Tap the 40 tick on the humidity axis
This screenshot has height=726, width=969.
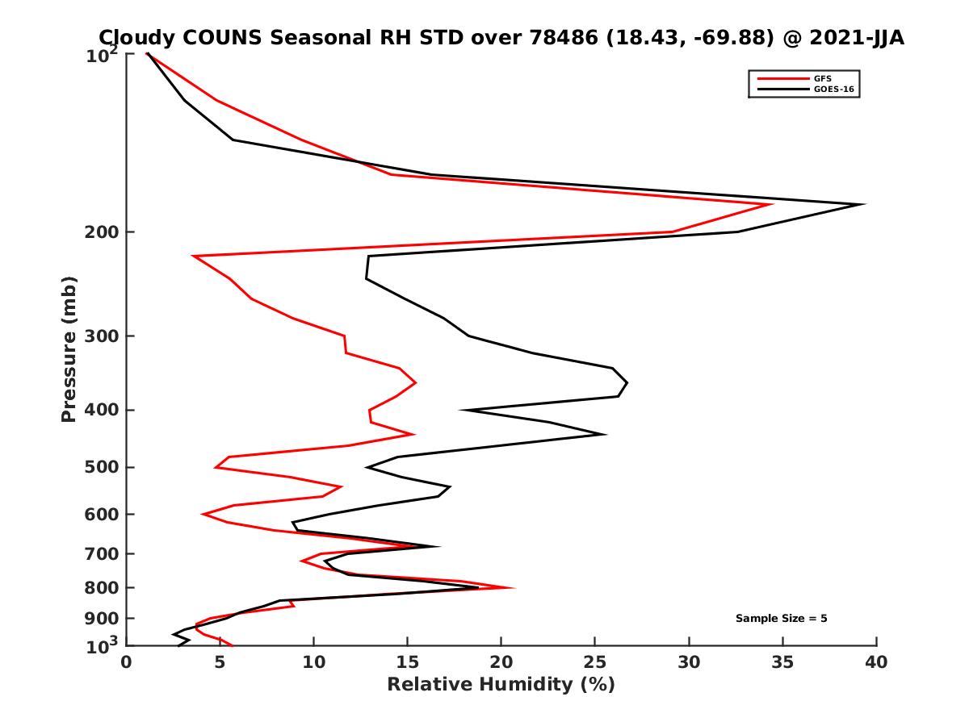[x=876, y=662]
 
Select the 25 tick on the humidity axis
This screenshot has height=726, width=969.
[x=595, y=662]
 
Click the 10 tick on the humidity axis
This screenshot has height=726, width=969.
[x=313, y=662]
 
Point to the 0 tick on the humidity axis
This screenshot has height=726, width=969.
[x=127, y=662]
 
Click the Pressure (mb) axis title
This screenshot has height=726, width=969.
[x=69, y=349]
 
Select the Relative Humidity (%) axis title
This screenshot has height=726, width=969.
[x=501, y=685]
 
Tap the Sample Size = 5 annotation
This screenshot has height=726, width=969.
[x=781, y=619]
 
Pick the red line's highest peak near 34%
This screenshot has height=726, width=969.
[x=772, y=204]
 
